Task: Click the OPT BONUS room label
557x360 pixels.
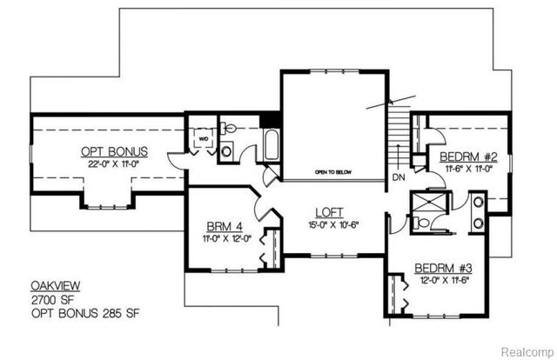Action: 108,149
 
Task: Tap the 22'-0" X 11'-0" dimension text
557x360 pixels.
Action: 108,162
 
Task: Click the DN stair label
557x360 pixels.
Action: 400,178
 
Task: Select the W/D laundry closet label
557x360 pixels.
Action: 203,137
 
